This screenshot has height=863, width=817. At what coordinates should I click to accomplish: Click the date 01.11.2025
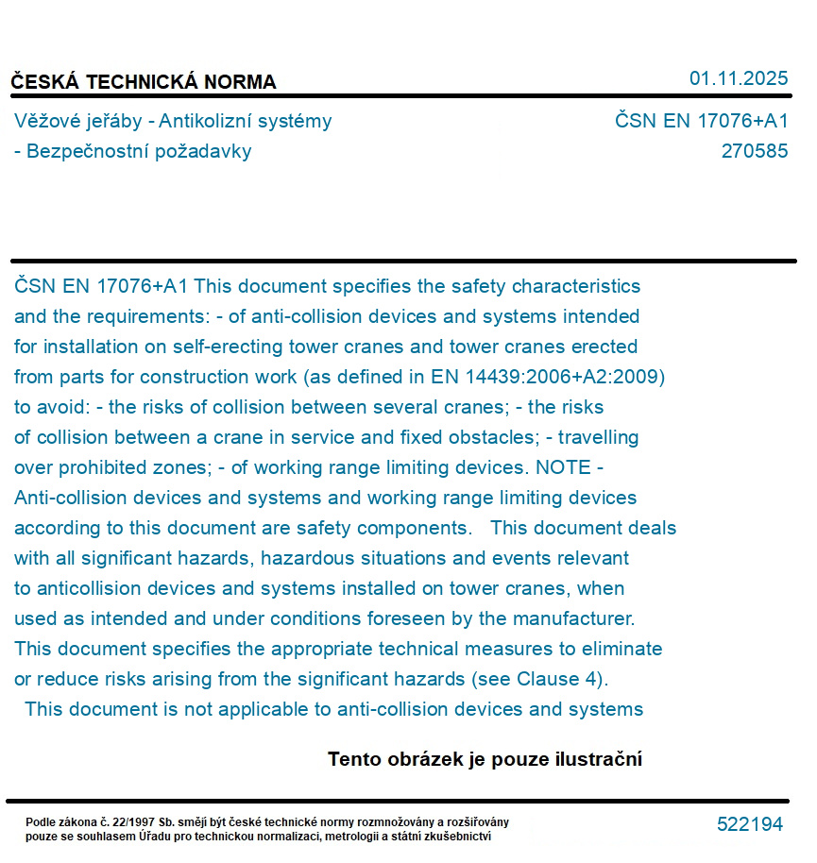pyautogui.click(x=739, y=78)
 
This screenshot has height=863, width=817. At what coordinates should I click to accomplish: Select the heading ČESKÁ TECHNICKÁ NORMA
pyautogui.click(x=144, y=82)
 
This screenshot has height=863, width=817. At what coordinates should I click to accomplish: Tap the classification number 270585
pyautogui.click(x=754, y=151)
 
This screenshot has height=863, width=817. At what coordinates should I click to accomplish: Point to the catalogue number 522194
pyautogui.click(x=750, y=824)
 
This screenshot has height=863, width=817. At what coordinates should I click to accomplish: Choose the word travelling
pyautogui.click(x=599, y=437)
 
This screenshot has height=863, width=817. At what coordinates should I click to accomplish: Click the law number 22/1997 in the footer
pyautogui.click(x=130, y=822)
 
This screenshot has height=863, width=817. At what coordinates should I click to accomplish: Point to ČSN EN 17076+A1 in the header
pyautogui.click(x=701, y=121)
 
